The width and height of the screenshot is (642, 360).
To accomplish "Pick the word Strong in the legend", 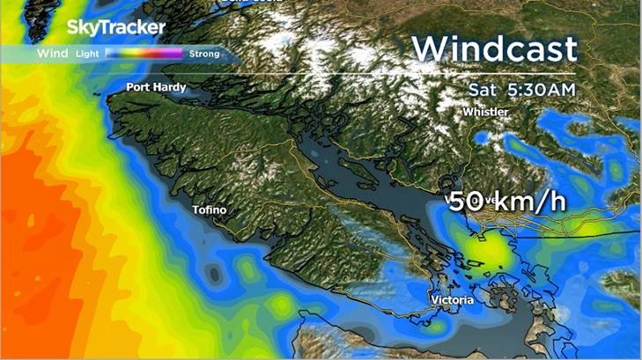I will [204, 54].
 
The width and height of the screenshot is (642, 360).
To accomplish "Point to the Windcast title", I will [495, 48].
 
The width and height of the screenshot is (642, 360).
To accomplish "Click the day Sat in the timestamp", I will [483, 90].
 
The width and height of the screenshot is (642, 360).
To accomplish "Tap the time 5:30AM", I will [541, 90].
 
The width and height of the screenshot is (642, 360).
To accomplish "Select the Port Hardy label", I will [154, 88].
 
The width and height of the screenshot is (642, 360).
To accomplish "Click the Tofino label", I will [210, 210].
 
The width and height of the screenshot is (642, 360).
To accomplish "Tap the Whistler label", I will [486, 113].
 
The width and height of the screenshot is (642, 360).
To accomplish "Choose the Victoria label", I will [453, 302].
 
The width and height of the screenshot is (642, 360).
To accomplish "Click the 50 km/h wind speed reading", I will [506, 202].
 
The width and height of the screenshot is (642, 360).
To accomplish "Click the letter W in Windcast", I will [431, 48].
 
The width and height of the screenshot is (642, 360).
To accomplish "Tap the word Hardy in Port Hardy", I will [168, 88].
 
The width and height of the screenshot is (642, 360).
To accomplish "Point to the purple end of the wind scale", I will [176, 54].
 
